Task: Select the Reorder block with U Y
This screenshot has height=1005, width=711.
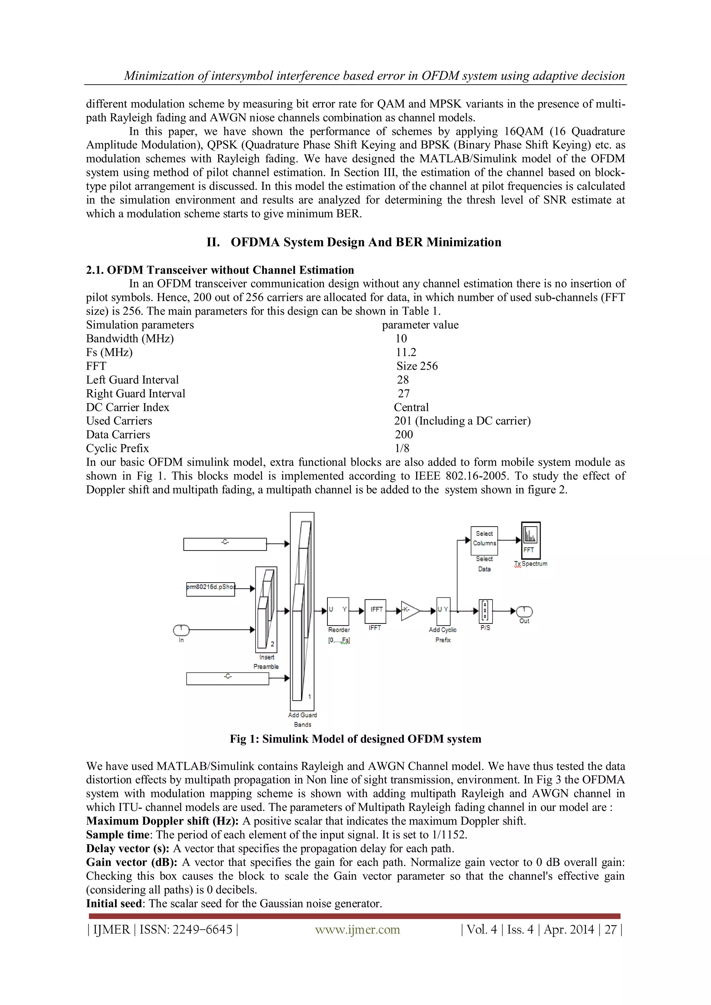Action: point(338,611)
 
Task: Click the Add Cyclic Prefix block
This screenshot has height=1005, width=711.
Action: point(443,611)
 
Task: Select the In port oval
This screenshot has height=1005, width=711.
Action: point(181,630)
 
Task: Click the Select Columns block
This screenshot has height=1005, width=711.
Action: point(484,541)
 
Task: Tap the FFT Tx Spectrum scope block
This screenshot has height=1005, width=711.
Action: point(530,541)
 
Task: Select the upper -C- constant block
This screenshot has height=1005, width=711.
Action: point(225,544)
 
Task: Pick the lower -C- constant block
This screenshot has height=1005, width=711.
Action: point(227,678)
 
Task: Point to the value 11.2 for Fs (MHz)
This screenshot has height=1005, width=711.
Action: point(406,352)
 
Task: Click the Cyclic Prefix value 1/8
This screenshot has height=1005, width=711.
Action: point(402,448)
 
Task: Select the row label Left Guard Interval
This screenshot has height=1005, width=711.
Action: point(132,380)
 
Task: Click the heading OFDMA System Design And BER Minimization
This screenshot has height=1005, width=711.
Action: point(366,242)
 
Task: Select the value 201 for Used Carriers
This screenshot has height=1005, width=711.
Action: point(402,421)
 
